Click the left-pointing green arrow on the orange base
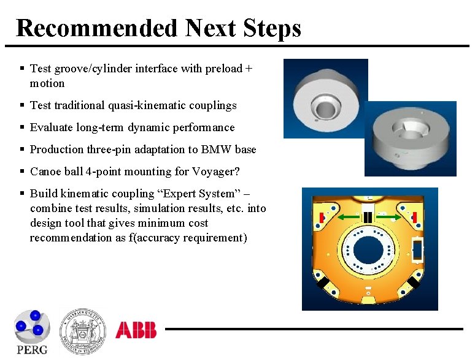pyautogui.click(x=347, y=217)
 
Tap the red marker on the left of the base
pyautogui.click(x=322, y=217)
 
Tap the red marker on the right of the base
pyautogui.click(x=415, y=217)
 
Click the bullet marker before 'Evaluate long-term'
pyautogui.click(x=21, y=127)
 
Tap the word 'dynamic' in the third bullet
pyautogui.click(x=147, y=127)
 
